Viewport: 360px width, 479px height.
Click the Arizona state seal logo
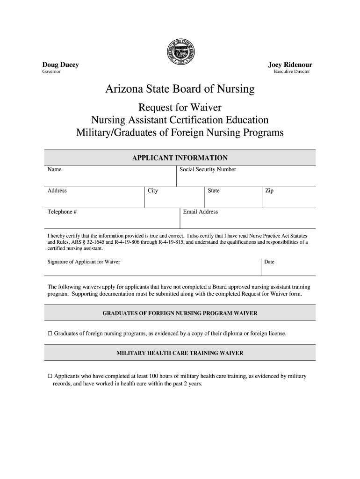tap(180, 53)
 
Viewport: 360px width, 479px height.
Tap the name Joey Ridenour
tap(290, 65)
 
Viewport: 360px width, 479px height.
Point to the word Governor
tap(51, 72)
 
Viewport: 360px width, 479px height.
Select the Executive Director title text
tap(292, 72)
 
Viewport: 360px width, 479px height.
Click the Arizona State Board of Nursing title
tap(180, 89)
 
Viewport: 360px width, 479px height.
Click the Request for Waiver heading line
tap(180, 107)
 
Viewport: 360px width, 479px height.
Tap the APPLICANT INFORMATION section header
tap(180, 158)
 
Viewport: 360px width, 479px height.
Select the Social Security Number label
tap(208, 169)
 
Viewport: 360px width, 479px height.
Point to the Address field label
tap(57, 190)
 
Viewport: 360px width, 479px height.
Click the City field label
tap(153, 190)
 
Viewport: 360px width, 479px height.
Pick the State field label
tap(214, 190)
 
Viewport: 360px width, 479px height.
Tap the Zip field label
tap(269, 190)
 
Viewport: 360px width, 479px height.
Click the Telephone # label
tap(62, 212)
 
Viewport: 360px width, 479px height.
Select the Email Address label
tap(201, 212)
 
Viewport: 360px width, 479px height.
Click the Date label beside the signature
tap(269, 262)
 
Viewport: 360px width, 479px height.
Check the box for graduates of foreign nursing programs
tap(50, 334)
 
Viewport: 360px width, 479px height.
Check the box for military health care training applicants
tap(50, 376)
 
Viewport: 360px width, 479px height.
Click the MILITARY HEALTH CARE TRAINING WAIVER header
tap(180, 353)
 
